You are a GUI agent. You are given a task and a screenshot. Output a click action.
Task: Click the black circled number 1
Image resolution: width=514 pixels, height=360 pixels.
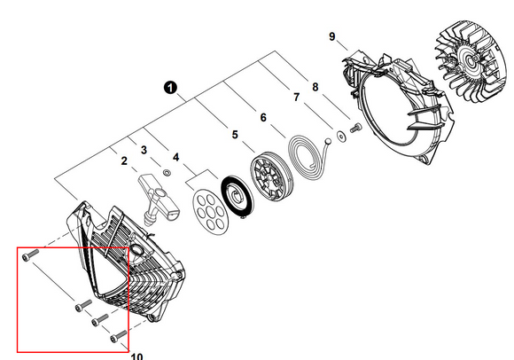click(x=170, y=88)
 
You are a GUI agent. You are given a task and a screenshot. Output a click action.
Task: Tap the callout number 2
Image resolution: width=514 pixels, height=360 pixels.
click(x=124, y=161)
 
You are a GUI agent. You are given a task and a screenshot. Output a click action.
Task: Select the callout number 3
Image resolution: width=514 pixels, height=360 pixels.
click(x=144, y=150)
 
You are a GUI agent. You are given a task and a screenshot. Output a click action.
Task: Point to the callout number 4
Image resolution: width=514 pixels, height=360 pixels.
click(x=176, y=157)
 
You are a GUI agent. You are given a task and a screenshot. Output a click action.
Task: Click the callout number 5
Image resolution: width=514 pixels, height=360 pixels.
click(x=235, y=135)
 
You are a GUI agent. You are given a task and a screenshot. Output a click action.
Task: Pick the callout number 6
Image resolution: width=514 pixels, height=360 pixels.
click(x=263, y=117)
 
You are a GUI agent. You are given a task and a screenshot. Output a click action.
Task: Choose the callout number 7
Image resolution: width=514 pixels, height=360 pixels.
click(x=296, y=97)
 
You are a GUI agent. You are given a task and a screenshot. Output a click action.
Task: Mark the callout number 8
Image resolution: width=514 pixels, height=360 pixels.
click(x=315, y=87)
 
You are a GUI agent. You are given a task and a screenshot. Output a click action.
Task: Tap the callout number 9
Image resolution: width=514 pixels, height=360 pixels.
click(x=332, y=36)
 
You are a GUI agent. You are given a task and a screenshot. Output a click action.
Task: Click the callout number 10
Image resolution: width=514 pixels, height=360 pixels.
click(x=137, y=356)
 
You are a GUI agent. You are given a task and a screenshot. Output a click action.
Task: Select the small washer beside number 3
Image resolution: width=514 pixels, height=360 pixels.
click(x=167, y=172)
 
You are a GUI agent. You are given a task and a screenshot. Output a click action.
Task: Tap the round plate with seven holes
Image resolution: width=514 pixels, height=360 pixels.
click(x=210, y=211)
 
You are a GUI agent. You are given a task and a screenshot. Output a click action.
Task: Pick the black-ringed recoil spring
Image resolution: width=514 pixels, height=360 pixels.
click(x=237, y=197)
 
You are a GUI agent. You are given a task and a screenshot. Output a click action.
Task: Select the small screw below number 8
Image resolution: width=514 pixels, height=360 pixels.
click(x=355, y=128)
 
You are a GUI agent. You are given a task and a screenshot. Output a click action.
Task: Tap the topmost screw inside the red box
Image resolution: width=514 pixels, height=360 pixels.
click(x=30, y=254)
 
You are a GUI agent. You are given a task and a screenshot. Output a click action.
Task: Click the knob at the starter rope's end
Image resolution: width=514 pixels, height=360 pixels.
click(x=328, y=141)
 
